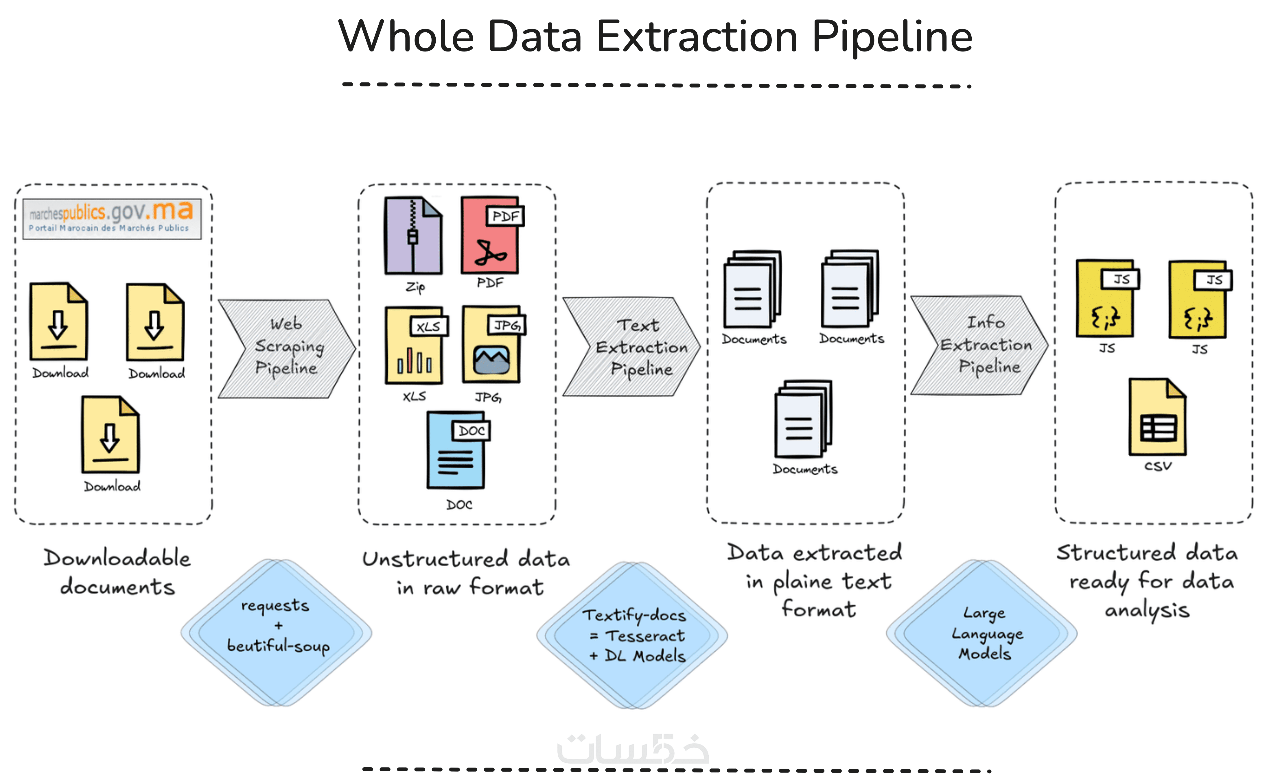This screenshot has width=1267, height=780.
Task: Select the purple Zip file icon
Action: [x=413, y=235]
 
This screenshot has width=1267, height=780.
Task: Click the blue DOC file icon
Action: [x=456, y=450]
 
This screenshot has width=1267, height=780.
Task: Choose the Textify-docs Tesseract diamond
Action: [x=632, y=635]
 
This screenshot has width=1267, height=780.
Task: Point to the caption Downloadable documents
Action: [x=117, y=572]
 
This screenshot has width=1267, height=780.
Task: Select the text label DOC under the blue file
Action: [x=459, y=504]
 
